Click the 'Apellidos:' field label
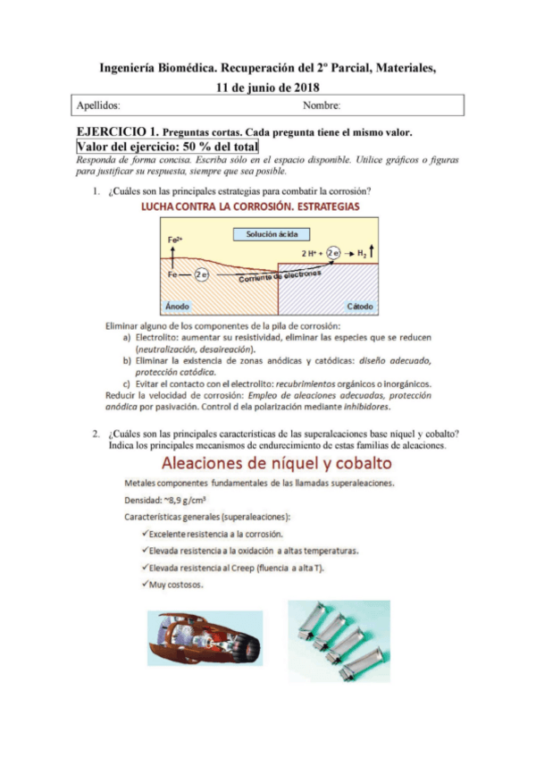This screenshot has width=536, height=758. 97,106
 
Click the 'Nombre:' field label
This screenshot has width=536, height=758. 322,106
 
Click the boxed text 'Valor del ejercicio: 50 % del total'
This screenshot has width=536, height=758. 167,146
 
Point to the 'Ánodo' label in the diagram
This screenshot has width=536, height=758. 178,306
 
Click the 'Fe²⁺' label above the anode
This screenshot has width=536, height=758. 175,240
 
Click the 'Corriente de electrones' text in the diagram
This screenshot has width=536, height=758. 280,277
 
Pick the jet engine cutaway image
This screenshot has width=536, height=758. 205,639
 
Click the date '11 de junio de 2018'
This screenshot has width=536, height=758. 268,87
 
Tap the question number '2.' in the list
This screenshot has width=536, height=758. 95,434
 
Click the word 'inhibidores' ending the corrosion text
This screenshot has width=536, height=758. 365,405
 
